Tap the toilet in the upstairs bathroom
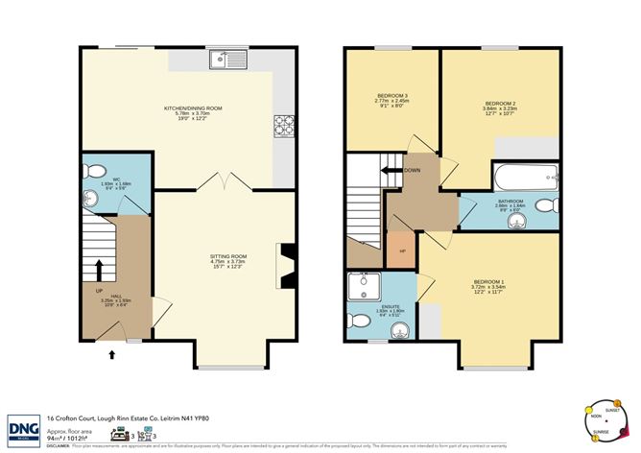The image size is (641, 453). [545, 206]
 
